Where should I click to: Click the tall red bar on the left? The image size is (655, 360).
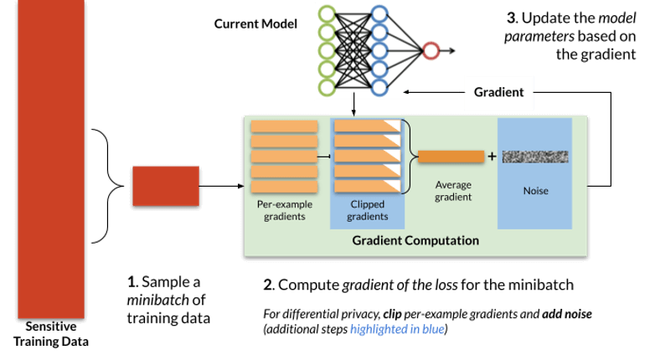tap(51, 159)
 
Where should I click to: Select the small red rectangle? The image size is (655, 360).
tap(166, 186)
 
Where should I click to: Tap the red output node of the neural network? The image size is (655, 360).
tap(431, 50)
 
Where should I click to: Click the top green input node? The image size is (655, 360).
tap(327, 14)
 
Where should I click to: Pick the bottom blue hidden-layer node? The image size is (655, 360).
tap(379, 87)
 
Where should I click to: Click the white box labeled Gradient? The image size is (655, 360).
tap(498, 92)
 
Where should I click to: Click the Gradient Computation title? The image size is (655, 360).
tap(415, 240)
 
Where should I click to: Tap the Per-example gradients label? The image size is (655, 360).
tap(285, 210)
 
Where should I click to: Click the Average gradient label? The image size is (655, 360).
tap(453, 191)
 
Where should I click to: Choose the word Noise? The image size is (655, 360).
tap(535, 191)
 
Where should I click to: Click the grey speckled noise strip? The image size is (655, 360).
tap(535, 157)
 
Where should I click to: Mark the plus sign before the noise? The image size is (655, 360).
tap(492, 157)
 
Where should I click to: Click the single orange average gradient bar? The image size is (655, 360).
tap(451, 157)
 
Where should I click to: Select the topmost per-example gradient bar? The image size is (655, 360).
tap(285, 126)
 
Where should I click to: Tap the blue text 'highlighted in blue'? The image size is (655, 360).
tap(397, 330)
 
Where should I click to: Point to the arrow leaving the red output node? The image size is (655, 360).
tap(447, 50)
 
